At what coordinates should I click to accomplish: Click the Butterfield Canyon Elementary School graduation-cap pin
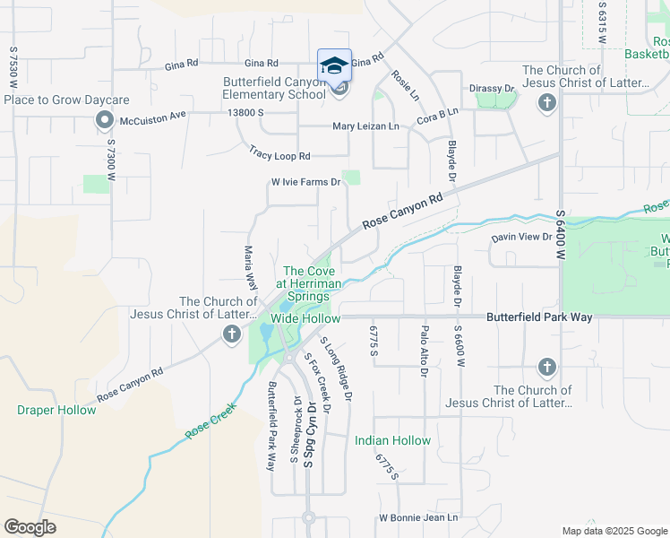[334, 65]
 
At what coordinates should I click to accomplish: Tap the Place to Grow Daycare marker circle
[105, 119]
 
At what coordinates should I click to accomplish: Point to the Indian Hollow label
[392, 440]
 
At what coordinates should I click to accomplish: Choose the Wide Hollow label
[305, 318]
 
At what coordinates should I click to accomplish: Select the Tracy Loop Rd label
[279, 155]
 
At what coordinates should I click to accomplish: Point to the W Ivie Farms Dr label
[306, 182]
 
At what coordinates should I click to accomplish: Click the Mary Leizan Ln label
[365, 126]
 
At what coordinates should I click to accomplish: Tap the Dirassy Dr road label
[492, 89]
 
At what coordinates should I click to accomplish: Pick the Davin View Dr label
[521, 237]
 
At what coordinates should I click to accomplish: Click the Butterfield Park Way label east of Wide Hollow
[539, 317]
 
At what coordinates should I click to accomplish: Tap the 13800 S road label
[246, 112]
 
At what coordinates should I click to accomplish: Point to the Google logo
[30, 526]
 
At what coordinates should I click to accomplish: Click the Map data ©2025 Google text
[614, 531]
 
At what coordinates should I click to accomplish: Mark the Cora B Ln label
[436, 115]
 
